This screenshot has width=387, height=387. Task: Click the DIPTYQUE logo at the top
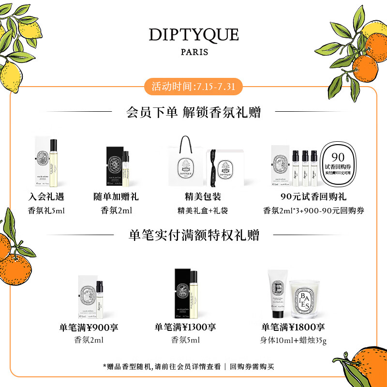193,35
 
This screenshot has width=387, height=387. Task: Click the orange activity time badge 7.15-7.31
193,87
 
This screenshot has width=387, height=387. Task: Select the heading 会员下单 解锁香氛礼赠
193,113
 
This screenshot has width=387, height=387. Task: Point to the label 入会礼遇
46,197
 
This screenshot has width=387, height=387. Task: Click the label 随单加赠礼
116,197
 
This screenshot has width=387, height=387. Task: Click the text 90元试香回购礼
313,197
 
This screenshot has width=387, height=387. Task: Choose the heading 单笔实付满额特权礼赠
193,236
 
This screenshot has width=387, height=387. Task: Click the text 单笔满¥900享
89,327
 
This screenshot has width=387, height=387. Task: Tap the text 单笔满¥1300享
185,327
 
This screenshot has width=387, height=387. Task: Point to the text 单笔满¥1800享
293,327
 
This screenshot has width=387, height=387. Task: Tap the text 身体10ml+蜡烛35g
293,341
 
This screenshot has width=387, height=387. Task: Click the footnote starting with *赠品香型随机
193,366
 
